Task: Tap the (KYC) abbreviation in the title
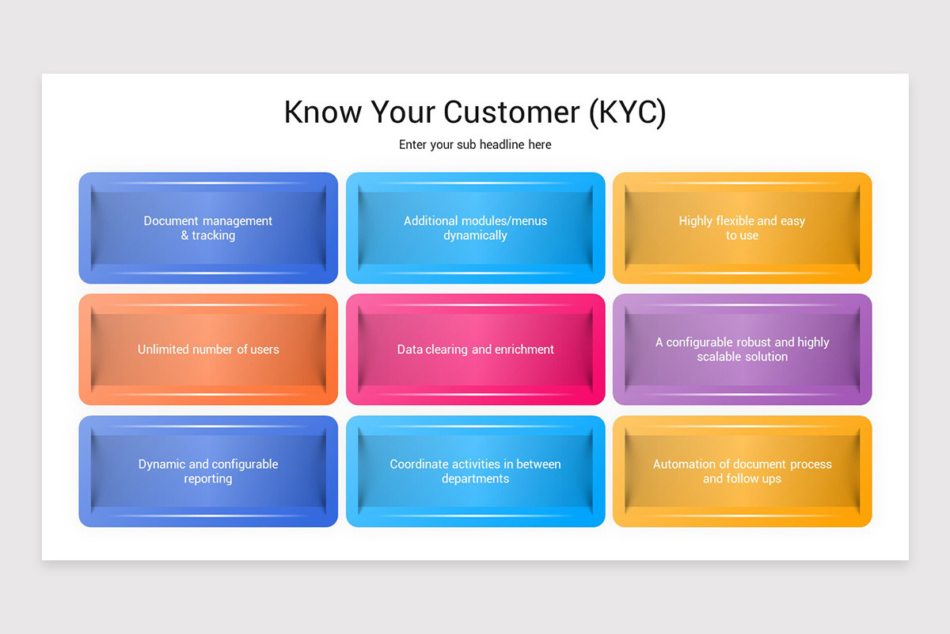[x=628, y=113]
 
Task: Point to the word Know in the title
[x=321, y=113]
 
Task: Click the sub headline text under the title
[x=475, y=145]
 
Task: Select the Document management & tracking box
[x=208, y=228]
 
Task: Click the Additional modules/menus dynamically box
[x=475, y=228]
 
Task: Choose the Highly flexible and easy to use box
[x=742, y=228]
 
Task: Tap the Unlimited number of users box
[x=208, y=349]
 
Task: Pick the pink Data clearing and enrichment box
[x=475, y=349]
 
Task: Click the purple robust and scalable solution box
[x=742, y=349]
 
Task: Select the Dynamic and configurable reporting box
[x=208, y=472]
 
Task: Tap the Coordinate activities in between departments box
[x=475, y=472]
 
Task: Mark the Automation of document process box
[x=742, y=472]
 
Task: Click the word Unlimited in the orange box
[x=165, y=349]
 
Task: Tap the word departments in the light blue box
[x=475, y=479]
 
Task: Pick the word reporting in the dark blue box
[x=208, y=479]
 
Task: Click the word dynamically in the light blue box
[x=475, y=235]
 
